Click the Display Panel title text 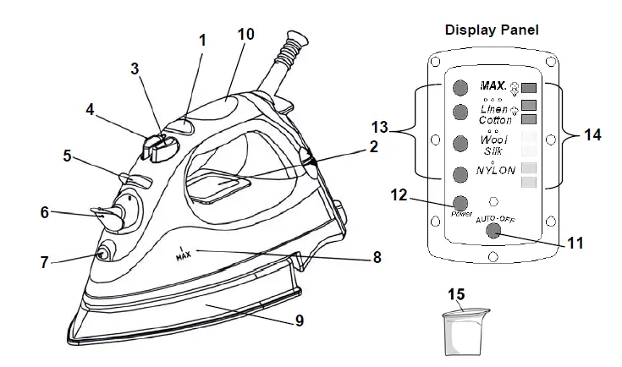(492, 30)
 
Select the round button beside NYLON (460, 175)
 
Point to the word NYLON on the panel (496, 170)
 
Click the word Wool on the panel (495, 138)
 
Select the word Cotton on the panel (495, 120)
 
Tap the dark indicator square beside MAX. (530, 88)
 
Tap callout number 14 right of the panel (592, 134)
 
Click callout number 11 (575, 242)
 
